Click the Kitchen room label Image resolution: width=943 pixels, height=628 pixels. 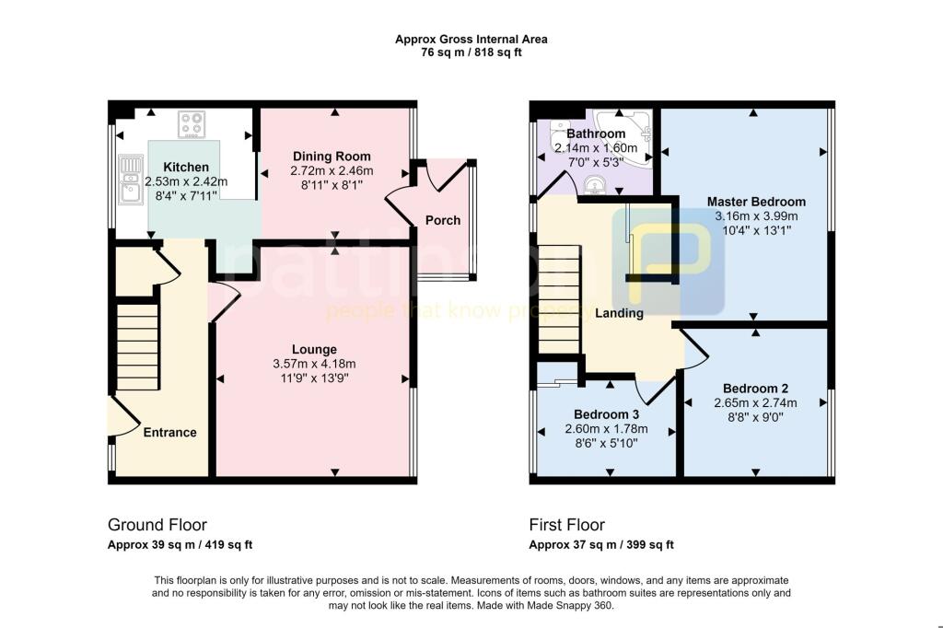click(187, 167)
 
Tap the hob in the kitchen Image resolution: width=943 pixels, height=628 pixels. click(193, 124)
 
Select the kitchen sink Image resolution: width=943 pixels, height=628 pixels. click(128, 180)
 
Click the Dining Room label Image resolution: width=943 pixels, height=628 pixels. click(332, 156)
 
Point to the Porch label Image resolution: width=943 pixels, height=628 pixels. click(442, 220)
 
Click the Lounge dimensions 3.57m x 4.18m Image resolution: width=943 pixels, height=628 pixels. click(314, 363)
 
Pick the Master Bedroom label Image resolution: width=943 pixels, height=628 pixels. click(756, 202)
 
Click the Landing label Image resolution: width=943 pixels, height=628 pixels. click(619, 313)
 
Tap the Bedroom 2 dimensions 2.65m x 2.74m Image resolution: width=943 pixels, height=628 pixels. click(754, 402)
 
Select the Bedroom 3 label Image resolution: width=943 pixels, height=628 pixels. click(606, 414)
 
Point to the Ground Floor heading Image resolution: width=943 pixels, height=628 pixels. click(157, 525)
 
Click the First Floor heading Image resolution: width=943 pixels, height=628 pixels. click(566, 525)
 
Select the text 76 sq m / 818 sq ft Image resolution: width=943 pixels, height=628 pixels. click(471, 52)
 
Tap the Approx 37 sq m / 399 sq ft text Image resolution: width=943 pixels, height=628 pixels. click(601, 545)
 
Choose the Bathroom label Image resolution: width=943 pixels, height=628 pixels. click(596, 134)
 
